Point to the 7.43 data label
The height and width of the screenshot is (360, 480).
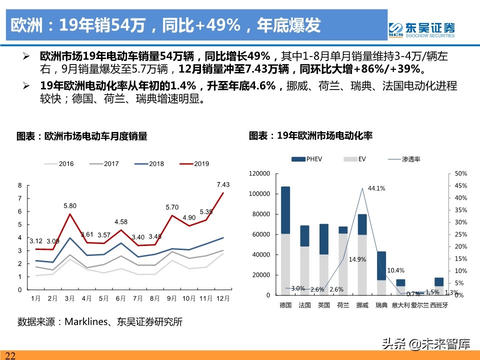(223, 184)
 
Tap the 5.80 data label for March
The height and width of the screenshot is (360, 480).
(70, 205)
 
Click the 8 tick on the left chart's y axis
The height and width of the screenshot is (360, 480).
(19, 185)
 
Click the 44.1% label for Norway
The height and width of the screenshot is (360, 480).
(376, 188)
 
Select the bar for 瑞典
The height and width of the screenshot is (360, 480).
(381, 273)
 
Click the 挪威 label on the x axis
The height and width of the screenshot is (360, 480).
(362, 305)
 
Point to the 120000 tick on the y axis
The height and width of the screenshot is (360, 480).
(259, 173)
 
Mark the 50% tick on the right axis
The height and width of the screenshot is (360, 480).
(461, 173)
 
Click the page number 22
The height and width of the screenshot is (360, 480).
(10, 355)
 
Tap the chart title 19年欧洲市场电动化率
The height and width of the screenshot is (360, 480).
(310, 135)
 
